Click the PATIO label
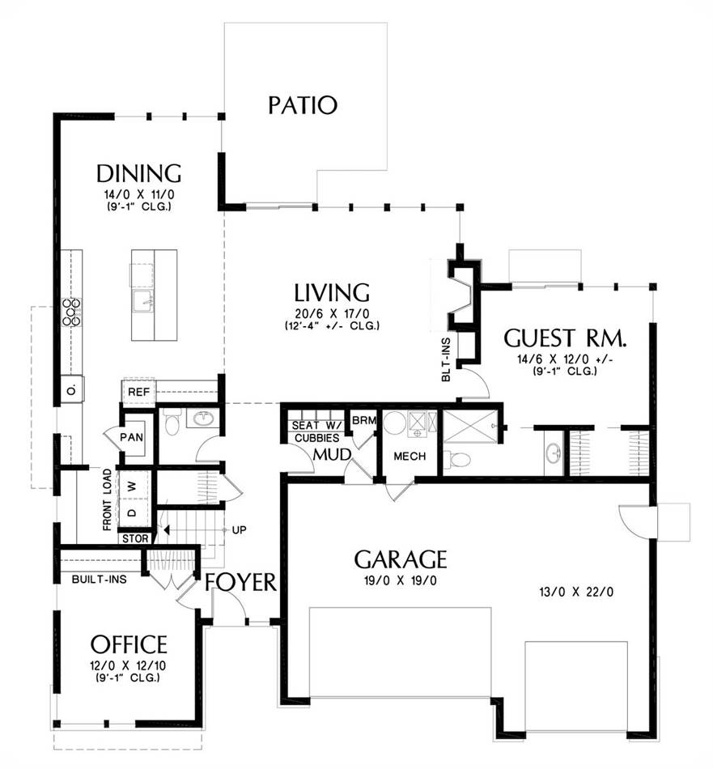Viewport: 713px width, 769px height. click(303, 105)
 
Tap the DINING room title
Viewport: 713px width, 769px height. click(138, 173)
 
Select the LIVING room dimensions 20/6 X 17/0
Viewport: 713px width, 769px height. click(332, 314)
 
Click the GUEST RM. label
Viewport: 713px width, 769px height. click(565, 338)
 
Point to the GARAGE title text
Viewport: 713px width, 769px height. click(401, 559)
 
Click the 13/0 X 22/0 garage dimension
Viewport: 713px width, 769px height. click(576, 592)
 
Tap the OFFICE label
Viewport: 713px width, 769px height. click(129, 644)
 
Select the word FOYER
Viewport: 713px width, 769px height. click(241, 582)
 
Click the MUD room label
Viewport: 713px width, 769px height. click(332, 454)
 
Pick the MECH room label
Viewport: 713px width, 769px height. click(410, 457)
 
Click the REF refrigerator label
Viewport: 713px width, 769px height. click(138, 393)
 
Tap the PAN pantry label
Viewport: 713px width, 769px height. click(131, 436)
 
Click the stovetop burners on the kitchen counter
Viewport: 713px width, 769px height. click(71, 312)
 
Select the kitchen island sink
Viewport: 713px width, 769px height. click(143, 301)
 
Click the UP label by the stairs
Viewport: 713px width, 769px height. click(239, 530)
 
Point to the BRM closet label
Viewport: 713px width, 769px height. click(364, 420)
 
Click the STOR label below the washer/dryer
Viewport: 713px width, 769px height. click(135, 538)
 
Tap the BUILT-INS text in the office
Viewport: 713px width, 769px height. click(99, 580)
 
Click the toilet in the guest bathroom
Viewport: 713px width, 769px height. click(459, 460)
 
